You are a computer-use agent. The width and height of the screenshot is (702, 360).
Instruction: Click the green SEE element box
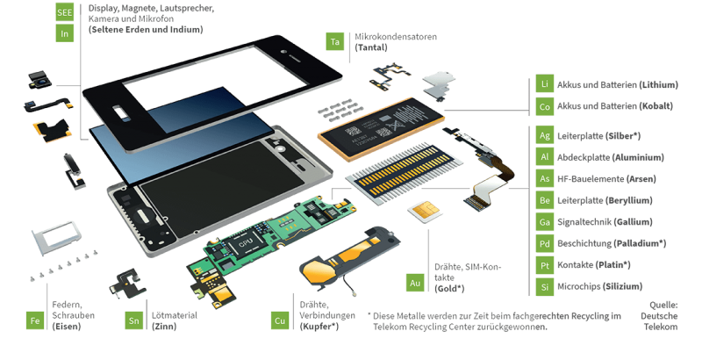click(65, 12)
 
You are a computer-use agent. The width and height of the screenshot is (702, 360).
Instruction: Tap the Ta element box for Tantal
click(334, 41)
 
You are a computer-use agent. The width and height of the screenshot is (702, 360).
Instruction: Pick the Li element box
click(545, 85)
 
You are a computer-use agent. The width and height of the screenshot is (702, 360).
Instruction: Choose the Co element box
click(545, 107)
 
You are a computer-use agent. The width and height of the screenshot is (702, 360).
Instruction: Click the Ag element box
click(545, 136)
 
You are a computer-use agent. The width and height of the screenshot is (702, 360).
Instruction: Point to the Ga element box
click(545, 222)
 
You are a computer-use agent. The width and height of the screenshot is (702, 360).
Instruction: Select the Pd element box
click(545, 243)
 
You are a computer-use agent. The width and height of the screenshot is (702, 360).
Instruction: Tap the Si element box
click(545, 286)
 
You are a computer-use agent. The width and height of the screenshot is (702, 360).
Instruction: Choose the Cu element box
click(280, 321)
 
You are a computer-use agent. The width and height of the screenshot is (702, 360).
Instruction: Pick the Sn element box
click(134, 321)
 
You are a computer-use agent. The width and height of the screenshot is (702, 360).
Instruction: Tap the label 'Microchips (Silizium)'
click(605, 286)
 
